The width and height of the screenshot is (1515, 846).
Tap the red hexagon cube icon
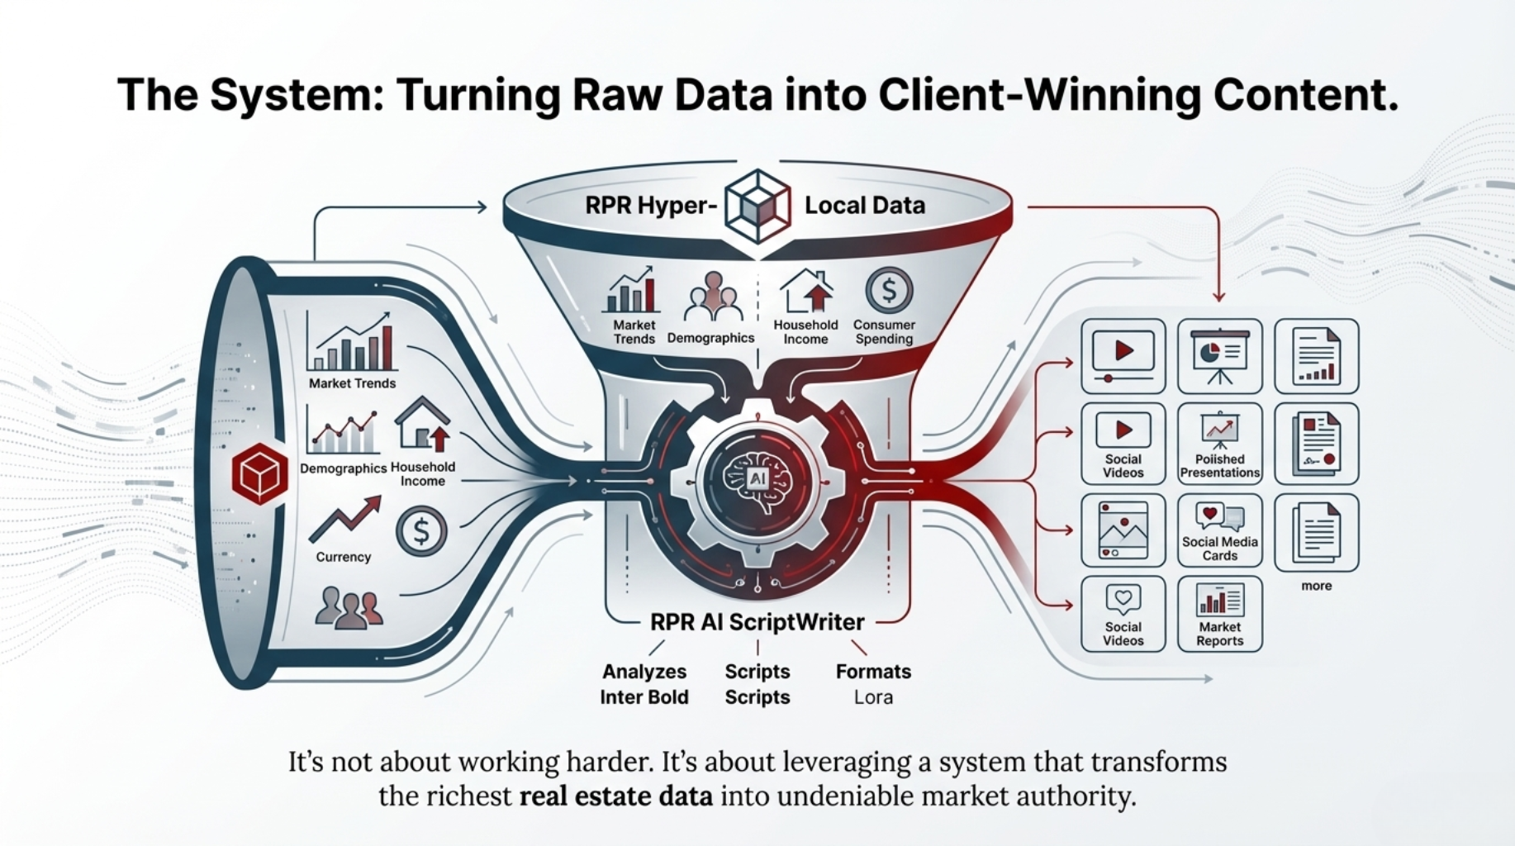pyautogui.click(x=260, y=473)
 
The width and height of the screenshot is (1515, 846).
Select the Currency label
pyautogui.click(x=344, y=557)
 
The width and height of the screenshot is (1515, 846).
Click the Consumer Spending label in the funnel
pyautogui.click(x=884, y=332)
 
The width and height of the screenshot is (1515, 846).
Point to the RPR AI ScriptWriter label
pyautogui.click(x=757, y=622)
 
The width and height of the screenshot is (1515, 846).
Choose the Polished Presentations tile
pyautogui.click(x=1219, y=444)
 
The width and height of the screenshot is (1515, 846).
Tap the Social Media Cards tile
pyautogui.click(x=1219, y=530)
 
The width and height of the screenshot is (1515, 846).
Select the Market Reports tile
pyautogui.click(x=1219, y=614)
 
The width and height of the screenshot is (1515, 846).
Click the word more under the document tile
pyautogui.click(x=1316, y=586)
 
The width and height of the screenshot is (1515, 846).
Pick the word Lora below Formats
pyautogui.click(x=873, y=697)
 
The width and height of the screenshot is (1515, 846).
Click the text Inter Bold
pyautogui.click(x=644, y=697)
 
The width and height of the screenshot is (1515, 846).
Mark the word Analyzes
pyautogui.click(x=644, y=672)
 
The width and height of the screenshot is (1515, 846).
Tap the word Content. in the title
pyautogui.click(x=1305, y=94)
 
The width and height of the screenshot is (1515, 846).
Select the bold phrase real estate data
pyautogui.click(x=615, y=796)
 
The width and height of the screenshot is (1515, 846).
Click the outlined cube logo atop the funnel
pyautogui.click(x=757, y=206)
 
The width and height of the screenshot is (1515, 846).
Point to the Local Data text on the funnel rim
pyautogui.click(x=865, y=205)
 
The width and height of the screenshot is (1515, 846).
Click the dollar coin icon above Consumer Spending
pyautogui.click(x=889, y=290)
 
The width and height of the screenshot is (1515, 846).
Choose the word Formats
pyautogui.click(x=873, y=672)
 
